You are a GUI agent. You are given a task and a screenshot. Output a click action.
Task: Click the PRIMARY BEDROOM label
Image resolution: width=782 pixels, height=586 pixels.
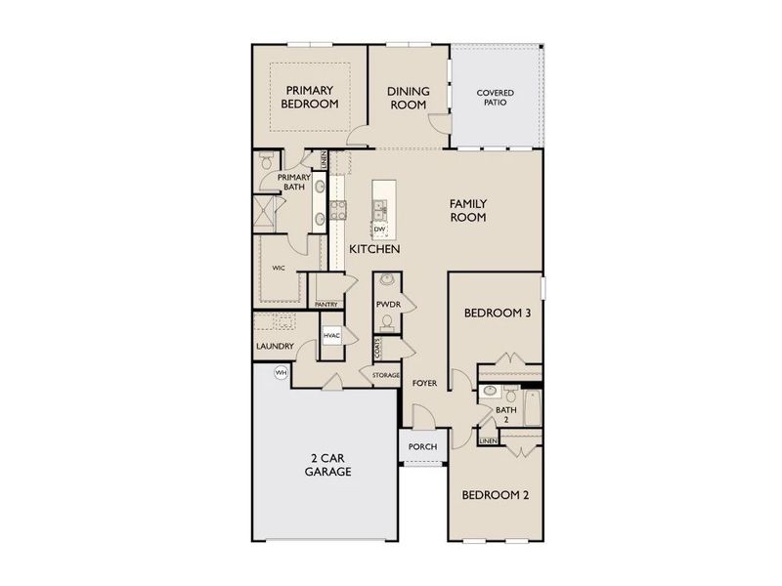[x=310, y=96]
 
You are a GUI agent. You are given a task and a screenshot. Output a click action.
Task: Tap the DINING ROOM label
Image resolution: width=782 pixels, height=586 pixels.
[x=409, y=96]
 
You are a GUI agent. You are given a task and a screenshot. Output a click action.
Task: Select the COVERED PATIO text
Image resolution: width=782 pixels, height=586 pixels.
[x=495, y=99]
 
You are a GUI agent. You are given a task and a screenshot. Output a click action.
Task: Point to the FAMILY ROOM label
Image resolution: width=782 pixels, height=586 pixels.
[x=467, y=210]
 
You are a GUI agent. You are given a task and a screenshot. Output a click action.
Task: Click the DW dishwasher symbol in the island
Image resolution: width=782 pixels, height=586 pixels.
[x=379, y=230]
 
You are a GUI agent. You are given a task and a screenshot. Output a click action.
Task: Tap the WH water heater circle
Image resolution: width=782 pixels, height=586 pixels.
[x=281, y=372]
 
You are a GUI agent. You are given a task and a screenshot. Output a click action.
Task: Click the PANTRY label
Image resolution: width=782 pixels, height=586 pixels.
[x=326, y=305]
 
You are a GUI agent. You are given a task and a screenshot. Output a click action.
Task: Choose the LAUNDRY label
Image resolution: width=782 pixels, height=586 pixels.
[x=275, y=346]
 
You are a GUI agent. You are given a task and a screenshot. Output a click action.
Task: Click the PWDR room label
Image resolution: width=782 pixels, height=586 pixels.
[x=387, y=305]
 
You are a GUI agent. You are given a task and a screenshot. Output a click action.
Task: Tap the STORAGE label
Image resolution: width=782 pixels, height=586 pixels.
[x=385, y=374]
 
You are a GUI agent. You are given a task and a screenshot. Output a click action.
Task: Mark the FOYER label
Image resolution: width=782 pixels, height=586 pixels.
[x=423, y=383]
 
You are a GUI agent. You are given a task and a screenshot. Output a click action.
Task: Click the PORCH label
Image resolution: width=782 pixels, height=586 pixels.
[x=422, y=448]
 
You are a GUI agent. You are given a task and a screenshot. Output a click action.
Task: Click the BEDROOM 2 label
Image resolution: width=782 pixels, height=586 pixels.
[x=496, y=494]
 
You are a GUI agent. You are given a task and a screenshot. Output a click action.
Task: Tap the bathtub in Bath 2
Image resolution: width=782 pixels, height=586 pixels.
[x=532, y=408]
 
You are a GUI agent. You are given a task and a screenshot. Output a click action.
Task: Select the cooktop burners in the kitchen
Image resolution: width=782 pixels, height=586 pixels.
[x=338, y=208]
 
